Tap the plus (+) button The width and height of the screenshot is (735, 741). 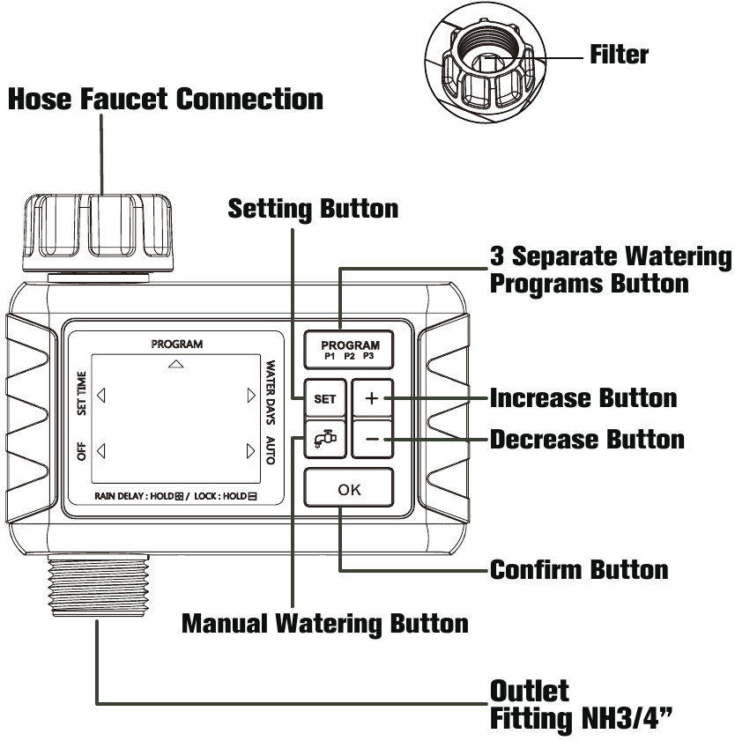[371, 399]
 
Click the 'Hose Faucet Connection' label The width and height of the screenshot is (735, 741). [165, 99]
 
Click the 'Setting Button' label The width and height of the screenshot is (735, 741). [313, 209]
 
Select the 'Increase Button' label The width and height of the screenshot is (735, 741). [583, 398]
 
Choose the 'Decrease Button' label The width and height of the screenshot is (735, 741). [586, 439]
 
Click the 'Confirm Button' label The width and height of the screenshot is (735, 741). [578, 569]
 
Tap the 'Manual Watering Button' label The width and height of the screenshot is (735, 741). [324, 624]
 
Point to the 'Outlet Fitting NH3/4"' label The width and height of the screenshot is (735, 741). [582, 705]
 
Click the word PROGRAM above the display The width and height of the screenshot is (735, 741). [176, 344]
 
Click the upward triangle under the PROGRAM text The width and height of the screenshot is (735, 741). [176, 363]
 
